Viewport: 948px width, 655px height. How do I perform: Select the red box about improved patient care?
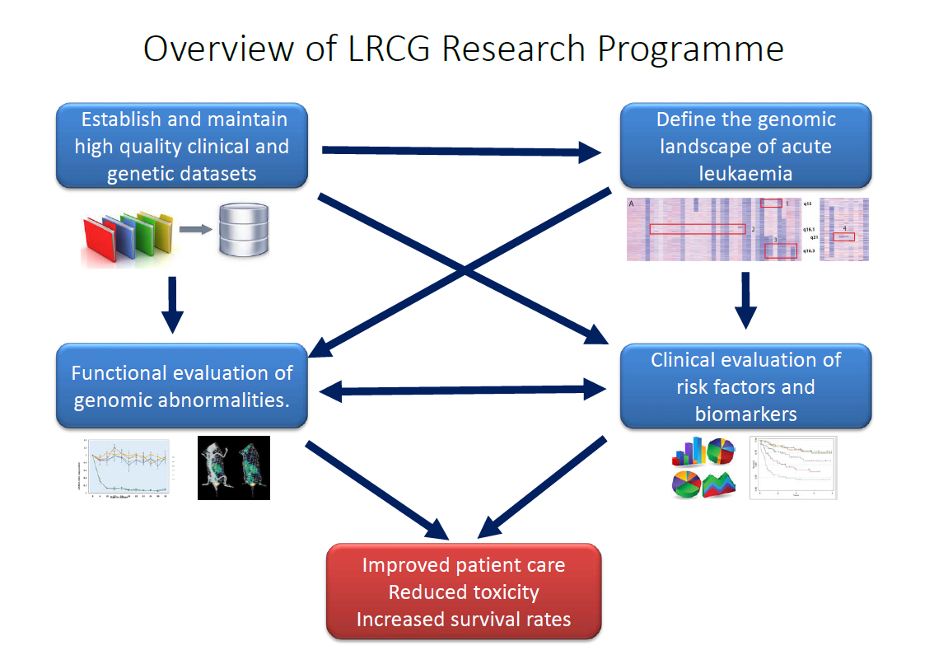(x=464, y=592)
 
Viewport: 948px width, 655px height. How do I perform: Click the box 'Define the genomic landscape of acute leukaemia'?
(x=745, y=147)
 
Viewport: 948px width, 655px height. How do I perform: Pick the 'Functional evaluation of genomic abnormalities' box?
(x=181, y=386)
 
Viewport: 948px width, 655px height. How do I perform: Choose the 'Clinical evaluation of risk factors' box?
(x=745, y=386)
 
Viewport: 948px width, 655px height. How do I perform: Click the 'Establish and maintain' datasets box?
(x=181, y=146)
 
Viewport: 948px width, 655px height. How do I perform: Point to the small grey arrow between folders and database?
(x=195, y=228)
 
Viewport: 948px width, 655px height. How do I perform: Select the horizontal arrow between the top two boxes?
(x=461, y=151)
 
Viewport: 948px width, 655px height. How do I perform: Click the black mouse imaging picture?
(x=233, y=467)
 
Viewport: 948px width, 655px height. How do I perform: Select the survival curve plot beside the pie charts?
(x=792, y=467)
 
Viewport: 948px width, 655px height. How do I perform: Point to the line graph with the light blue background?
(x=127, y=467)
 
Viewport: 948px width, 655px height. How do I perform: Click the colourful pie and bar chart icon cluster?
(x=703, y=468)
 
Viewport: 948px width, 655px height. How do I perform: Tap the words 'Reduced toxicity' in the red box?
(x=464, y=592)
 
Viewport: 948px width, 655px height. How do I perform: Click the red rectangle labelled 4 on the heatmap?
(x=843, y=236)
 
